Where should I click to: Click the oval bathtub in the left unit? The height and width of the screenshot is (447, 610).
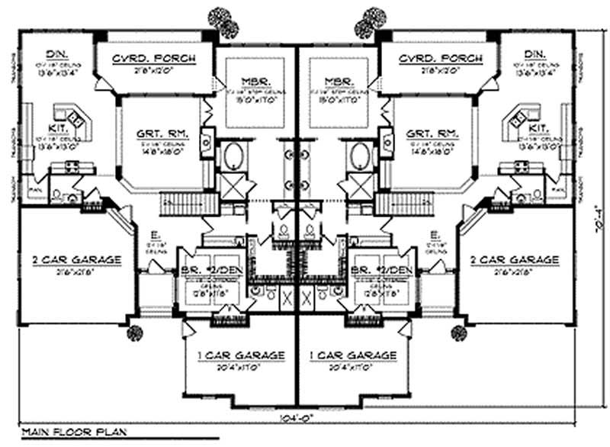coord(233,156)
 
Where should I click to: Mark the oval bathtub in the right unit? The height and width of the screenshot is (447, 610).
coord(359,156)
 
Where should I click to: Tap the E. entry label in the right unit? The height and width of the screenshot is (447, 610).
coord(434,234)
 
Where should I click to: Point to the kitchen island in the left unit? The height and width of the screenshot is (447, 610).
coord(74,117)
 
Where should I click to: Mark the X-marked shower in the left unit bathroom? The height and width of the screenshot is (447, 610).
coord(233,185)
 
